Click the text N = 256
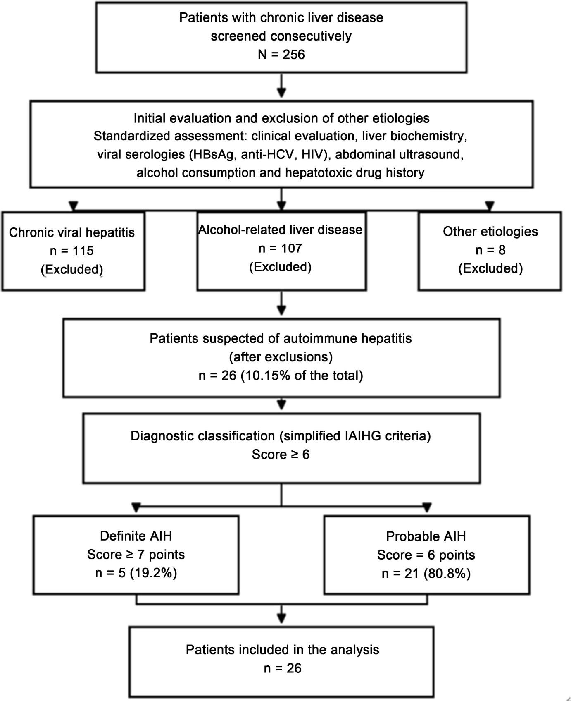click(281, 54)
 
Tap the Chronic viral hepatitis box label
click(72, 232)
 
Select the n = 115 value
click(72, 251)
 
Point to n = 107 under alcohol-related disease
click(281, 248)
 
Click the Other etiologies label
click(490, 231)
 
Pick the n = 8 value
click(490, 250)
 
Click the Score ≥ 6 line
click(281, 455)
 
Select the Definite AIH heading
click(136, 536)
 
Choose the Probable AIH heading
click(426, 536)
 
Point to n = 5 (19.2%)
click(136, 573)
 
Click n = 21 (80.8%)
click(426, 574)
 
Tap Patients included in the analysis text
click(283, 650)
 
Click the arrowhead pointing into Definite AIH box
click(136, 507)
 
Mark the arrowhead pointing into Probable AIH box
click(427, 507)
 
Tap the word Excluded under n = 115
click(72, 269)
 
